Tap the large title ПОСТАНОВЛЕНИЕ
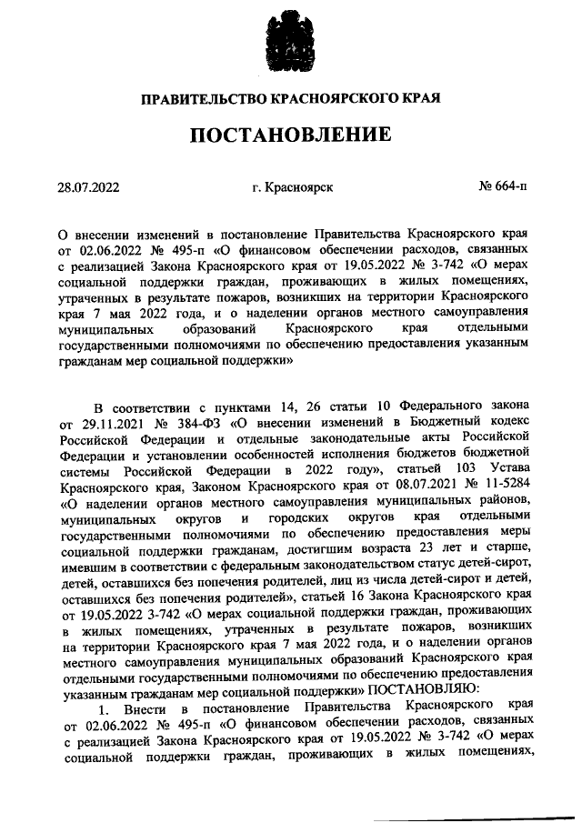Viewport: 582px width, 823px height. [291, 135]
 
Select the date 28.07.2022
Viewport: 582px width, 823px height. [88, 187]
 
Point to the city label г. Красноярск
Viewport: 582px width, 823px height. [293, 187]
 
